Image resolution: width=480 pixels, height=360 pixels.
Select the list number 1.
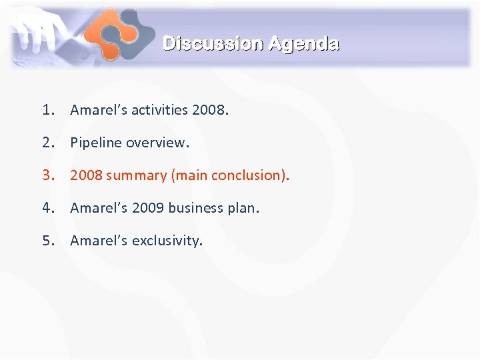47,110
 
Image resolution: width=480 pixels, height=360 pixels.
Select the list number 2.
47,143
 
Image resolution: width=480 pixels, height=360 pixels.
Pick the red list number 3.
47,175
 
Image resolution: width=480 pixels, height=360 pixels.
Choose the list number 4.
47,208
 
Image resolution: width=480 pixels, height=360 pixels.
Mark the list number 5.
47,241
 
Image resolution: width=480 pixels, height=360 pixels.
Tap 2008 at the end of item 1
209,110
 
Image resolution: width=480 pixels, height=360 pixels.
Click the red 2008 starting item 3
86,175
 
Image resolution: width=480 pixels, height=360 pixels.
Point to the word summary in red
136,175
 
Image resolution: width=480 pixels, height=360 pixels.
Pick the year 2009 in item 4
147,208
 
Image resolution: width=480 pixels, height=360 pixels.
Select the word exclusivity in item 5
166,241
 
